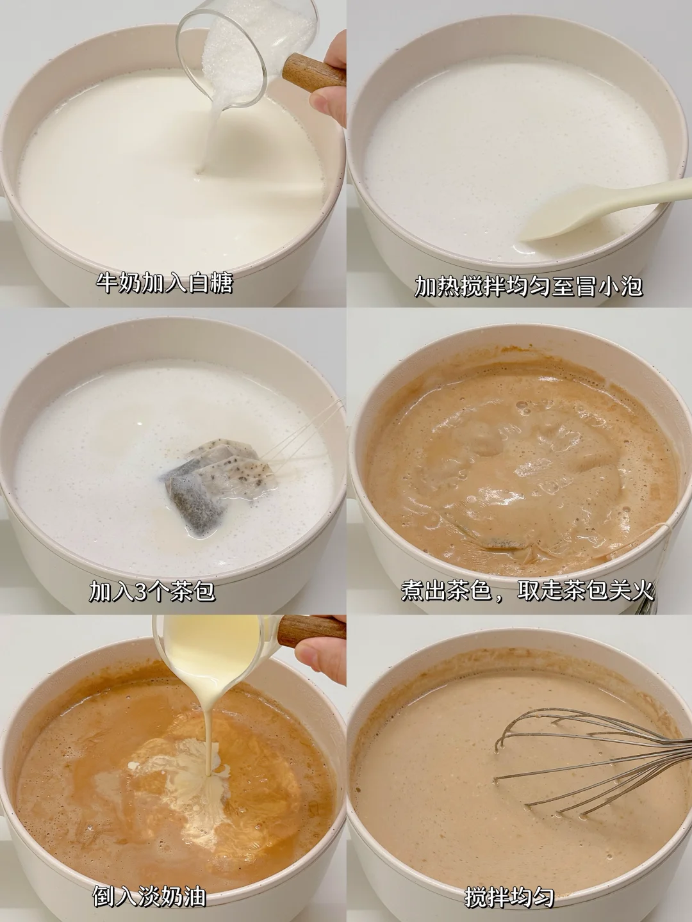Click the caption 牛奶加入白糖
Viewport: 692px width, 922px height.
(164, 284)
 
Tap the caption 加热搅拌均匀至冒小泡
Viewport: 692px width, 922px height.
(529, 286)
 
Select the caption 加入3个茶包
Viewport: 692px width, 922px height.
(152, 591)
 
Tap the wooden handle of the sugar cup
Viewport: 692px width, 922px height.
(313, 72)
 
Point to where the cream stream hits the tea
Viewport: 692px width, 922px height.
(208, 773)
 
